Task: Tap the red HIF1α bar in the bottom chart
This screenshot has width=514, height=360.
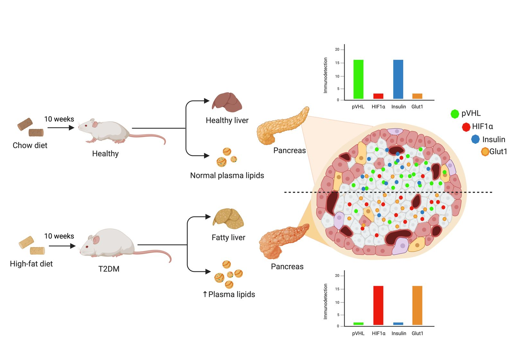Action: (378, 305)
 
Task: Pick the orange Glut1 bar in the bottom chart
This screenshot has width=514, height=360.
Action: (417, 305)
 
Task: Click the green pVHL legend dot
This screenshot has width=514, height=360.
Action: (455, 114)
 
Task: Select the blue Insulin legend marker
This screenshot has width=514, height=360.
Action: (475, 139)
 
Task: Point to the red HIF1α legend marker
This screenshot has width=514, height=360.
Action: (466, 127)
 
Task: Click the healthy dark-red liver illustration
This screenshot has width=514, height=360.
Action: (227, 102)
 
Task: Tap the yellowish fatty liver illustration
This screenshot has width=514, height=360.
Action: (228, 219)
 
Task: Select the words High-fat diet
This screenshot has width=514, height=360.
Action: (31, 264)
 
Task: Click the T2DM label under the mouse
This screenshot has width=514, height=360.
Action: (109, 269)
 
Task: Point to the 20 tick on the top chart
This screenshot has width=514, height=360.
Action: (337, 50)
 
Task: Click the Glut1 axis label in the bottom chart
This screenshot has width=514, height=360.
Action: (417, 333)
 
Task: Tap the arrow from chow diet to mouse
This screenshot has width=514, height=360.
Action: (61, 128)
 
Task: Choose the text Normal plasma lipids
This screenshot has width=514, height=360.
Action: (227, 175)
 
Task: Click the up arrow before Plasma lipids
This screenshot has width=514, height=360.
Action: (205, 294)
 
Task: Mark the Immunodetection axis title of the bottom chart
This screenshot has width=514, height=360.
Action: (325, 301)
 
